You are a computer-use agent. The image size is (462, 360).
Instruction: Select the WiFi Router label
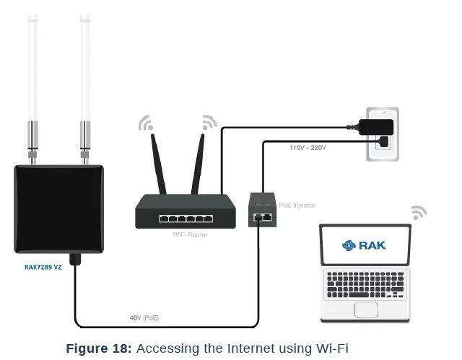point(190,234)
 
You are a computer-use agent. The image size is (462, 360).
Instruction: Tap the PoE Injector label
point(297,206)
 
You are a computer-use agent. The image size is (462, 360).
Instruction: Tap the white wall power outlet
point(380,133)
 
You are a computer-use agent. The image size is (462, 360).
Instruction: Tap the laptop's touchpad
point(365,310)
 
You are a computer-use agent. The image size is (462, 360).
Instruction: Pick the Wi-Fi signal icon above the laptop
point(418,213)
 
